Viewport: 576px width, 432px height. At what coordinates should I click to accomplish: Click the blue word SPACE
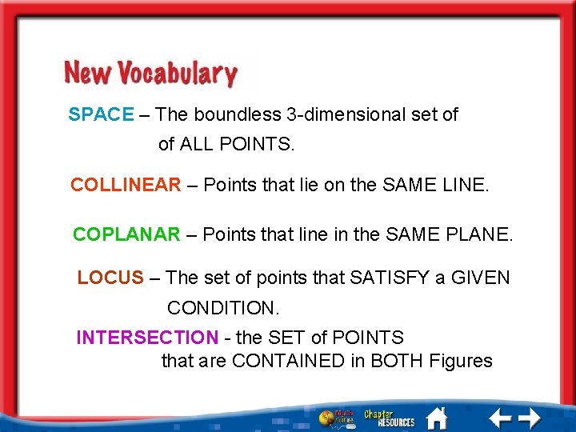[x=101, y=114]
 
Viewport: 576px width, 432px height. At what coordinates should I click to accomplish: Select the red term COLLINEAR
[x=126, y=185]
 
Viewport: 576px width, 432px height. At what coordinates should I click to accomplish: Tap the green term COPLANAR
[x=126, y=234]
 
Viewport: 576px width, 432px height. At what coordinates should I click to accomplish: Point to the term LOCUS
[x=110, y=278]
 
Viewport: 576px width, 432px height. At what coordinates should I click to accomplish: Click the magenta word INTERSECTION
[x=146, y=338]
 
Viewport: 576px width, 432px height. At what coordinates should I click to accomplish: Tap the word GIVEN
[x=480, y=278]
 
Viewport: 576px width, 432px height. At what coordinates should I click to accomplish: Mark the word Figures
[x=460, y=361]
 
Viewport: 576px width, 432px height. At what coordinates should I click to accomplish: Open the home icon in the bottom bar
[x=437, y=417]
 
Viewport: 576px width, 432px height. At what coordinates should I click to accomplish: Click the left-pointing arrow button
[x=500, y=417]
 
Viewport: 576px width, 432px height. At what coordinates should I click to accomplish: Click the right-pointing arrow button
[x=529, y=417]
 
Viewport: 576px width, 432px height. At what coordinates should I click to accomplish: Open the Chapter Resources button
[x=390, y=418]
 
